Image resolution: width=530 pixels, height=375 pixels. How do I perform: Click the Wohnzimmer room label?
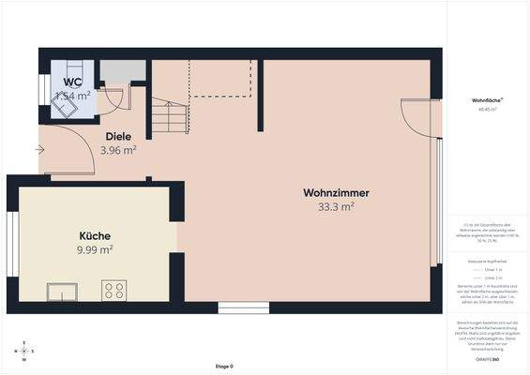(x=336, y=193)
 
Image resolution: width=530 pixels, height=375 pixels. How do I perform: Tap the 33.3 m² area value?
(x=336, y=206)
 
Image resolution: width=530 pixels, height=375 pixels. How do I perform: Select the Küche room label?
(x=96, y=236)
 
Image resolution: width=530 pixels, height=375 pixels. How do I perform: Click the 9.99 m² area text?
(x=96, y=249)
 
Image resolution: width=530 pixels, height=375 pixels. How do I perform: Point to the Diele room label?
(x=118, y=137)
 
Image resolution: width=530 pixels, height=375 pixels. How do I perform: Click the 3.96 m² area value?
(x=118, y=150)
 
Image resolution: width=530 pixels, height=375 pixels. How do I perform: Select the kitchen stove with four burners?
(x=114, y=291)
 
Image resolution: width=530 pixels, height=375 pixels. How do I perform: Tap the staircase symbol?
(x=171, y=117)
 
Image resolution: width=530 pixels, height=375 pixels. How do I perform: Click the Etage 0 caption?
(x=223, y=366)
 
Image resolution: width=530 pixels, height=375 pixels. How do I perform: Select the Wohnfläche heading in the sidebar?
(x=486, y=99)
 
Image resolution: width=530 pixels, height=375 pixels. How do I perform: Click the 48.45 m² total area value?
(x=486, y=109)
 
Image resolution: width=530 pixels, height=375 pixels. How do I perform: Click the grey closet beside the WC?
(x=123, y=71)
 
